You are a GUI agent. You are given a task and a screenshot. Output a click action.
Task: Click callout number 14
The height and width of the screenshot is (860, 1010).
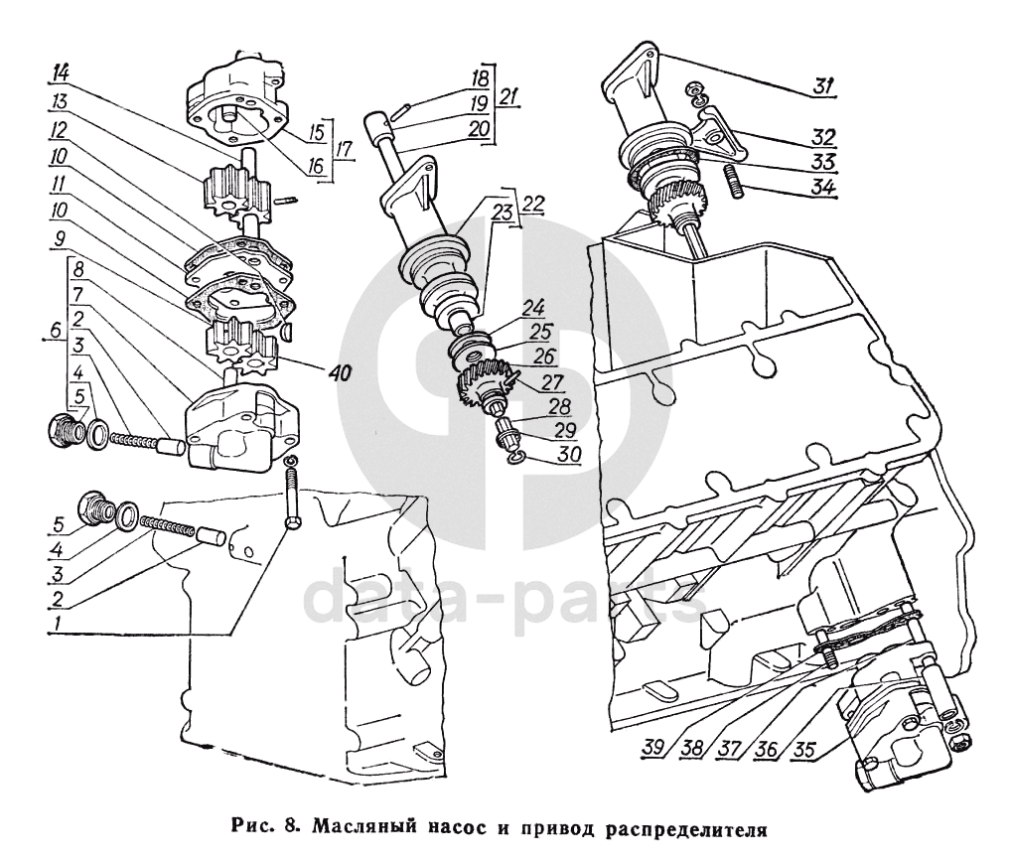click(x=63, y=72)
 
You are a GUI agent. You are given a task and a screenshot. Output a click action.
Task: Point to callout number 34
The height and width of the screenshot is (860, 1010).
click(x=822, y=186)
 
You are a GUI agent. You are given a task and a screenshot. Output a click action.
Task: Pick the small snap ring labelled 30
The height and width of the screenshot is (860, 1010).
click(x=511, y=455)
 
